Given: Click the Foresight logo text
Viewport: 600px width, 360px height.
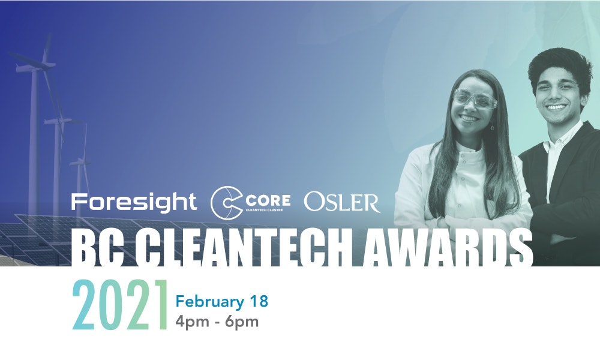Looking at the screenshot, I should click(133, 202).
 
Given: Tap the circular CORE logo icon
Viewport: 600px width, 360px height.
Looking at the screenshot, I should click(223, 203).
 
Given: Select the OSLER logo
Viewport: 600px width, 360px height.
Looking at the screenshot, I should click(342, 203).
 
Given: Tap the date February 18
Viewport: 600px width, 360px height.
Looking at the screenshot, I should click(222, 301).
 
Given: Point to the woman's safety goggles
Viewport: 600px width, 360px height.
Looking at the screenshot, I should click(475, 98).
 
